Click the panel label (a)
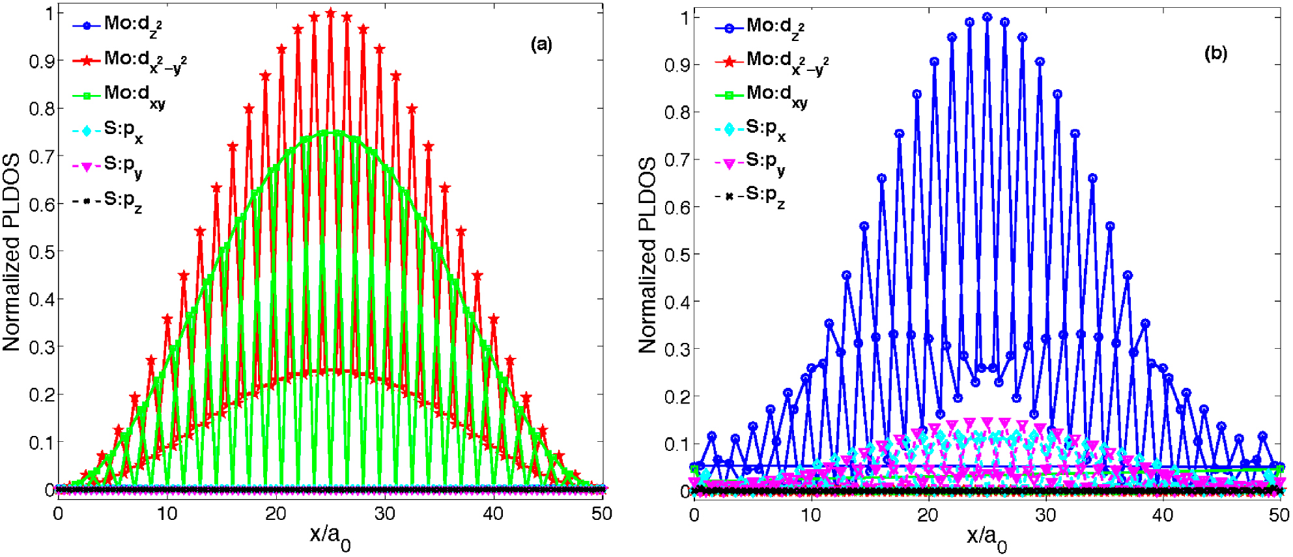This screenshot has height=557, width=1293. tap(541, 44)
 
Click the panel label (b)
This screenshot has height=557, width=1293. tap(1215, 53)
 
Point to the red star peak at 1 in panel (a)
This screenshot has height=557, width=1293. tap(330, 14)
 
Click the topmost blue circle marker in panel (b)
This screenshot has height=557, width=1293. tap(988, 18)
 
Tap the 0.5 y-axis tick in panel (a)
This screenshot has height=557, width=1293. tap(41, 252)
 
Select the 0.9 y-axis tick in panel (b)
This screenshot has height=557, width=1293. tap(677, 65)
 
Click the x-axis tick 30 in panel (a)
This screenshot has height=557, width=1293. tap(384, 514)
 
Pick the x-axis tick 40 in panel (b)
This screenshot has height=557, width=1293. tap(1163, 515)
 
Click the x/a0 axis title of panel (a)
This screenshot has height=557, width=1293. tap(330, 537)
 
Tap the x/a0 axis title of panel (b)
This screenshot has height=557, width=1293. tap(986, 538)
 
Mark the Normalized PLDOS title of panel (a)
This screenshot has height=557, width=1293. tap(11, 252)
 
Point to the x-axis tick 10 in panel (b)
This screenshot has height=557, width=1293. tap(811, 515)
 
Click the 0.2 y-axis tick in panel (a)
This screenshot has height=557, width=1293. tap(41, 395)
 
